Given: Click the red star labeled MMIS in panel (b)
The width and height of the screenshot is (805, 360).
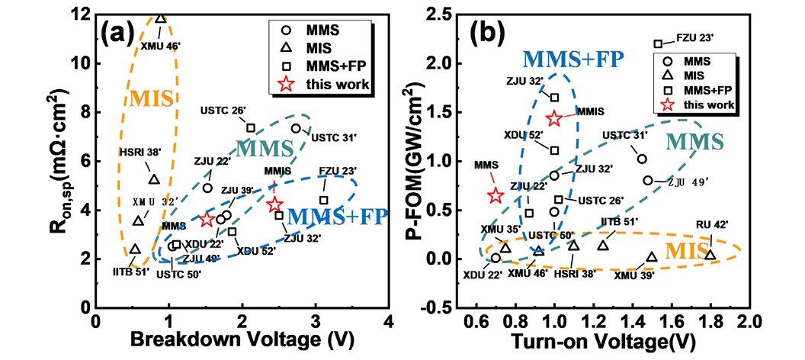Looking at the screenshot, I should click(x=554, y=118).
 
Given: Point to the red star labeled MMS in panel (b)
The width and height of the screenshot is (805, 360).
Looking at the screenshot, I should click(x=496, y=196).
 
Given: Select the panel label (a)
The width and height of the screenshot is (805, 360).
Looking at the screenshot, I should click(x=119, y=35).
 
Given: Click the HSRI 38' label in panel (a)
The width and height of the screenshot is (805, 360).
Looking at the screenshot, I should click(x=136, y=153).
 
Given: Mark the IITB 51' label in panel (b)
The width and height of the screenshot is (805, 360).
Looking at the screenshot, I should click(x=618, y=220).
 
